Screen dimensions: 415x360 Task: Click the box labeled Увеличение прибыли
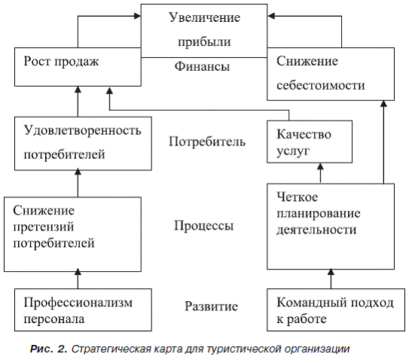coord(204,31)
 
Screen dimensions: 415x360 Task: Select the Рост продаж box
coord(78,67)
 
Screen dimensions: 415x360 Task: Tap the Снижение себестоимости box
coord(331,74)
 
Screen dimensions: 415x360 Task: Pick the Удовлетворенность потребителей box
coord(83,143)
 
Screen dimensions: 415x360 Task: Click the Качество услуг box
coord(310,142)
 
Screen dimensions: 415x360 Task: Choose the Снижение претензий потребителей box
coord(72,234)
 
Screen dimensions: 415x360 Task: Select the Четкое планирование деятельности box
coord(331,227)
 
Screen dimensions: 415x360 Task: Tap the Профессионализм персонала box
coord(83,310)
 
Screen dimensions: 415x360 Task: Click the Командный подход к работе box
coord(336,310)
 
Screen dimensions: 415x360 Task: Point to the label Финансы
coord(202,66)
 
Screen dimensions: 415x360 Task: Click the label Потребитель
coord(207,142)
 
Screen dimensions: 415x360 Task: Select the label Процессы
coord(204,225)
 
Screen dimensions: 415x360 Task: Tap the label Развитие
coord(211,307)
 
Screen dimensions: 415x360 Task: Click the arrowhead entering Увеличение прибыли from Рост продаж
coord(138,16)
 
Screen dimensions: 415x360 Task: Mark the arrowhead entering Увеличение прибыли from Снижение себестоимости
coord(270,16)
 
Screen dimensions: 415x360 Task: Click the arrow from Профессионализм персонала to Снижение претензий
coord(78,279)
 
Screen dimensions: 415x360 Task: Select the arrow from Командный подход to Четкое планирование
coord(331,279)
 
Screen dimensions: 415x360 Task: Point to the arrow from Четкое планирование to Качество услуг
coord(320,173)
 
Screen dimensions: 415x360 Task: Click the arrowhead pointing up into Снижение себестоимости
coord(384,103)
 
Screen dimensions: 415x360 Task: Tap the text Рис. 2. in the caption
coord(48,349)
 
